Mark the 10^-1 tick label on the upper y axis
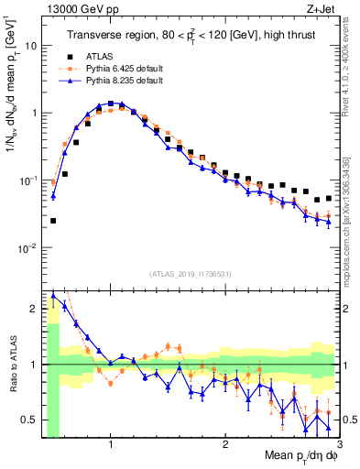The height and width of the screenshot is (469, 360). (x=27, y=180)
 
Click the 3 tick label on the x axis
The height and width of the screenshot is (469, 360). (x=338, y=447)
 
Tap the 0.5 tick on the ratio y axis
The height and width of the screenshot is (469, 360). (x=27, y=420)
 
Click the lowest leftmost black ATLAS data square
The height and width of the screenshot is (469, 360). (x=53, y=221)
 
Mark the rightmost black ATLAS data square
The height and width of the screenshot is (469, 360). (x=329, y=198)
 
